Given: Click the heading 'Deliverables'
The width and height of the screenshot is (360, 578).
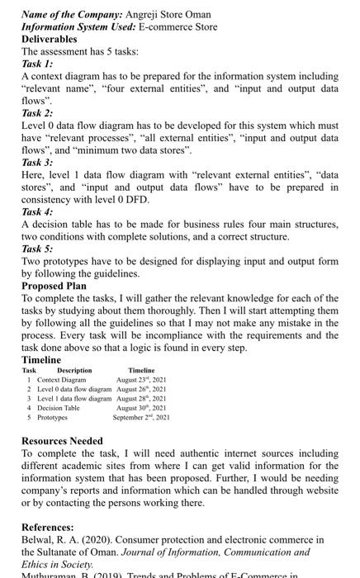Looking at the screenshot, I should point(49,39).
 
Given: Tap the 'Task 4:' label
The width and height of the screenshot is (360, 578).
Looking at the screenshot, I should point(37,211).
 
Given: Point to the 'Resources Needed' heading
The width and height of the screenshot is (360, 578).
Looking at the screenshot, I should point(62,441).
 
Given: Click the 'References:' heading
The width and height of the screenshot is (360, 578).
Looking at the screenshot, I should point(50,527).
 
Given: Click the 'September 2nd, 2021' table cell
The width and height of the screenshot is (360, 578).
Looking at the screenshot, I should point(142,417).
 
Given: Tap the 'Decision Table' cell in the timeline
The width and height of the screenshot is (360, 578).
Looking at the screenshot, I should point(57,407).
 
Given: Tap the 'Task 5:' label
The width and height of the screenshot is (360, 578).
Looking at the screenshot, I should point(37,248).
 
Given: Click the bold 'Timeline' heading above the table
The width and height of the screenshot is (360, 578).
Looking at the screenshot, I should point(41,360).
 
